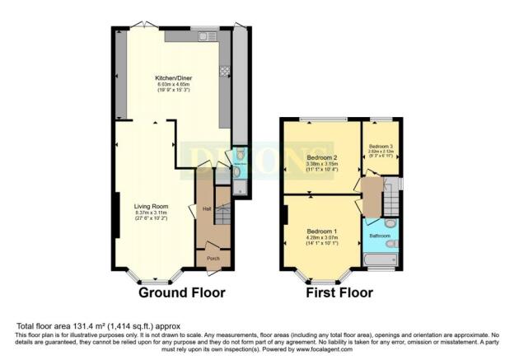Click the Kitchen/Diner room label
[173, 79]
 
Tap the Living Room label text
[151, 208]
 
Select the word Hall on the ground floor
[207, 209]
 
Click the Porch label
[213, 257]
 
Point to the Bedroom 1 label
[322, 231]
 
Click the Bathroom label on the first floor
[380, 236]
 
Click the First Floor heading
[339, 292]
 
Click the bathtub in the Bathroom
[381, 262]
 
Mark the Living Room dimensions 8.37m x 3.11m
[151, 213]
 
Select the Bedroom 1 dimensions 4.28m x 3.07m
[322, 238]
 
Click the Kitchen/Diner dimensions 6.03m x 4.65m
[173, 85]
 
